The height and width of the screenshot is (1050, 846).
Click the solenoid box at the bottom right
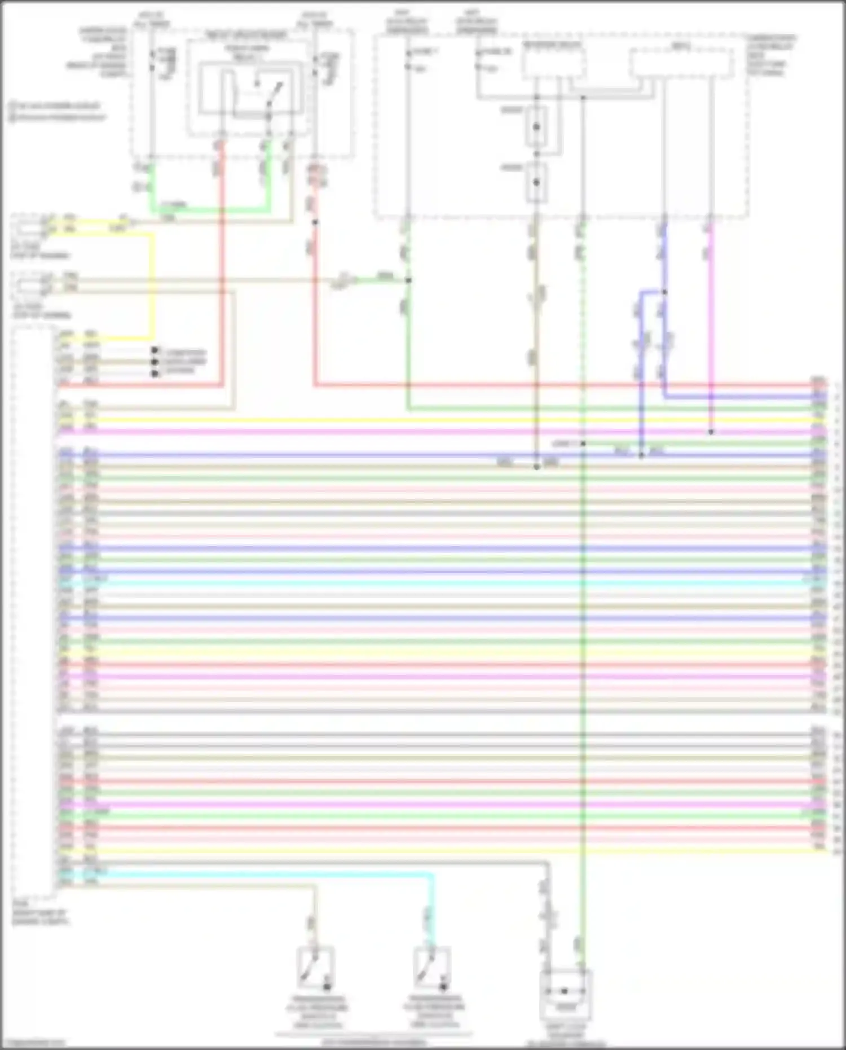click(x=565, y=991)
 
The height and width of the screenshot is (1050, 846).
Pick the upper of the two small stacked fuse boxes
click(x=536, y=126)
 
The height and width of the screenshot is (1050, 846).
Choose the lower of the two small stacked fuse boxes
click(x=536, y=182)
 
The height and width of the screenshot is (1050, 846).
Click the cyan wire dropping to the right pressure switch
click(x=433, y=908)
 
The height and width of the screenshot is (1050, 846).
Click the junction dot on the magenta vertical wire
click(x=711, y=432)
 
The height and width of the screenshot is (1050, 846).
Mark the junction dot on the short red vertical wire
click(x=315, y=222)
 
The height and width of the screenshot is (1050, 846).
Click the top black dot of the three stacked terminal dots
click(x=154, y=351)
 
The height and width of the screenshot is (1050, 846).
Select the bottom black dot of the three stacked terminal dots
click(x=154, y=373)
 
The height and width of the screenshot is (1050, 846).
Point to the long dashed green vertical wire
click(x=583, y=677)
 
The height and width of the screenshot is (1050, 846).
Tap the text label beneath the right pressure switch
click(x=434, y=1013)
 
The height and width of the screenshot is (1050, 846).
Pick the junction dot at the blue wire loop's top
click(x=664, y=292)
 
